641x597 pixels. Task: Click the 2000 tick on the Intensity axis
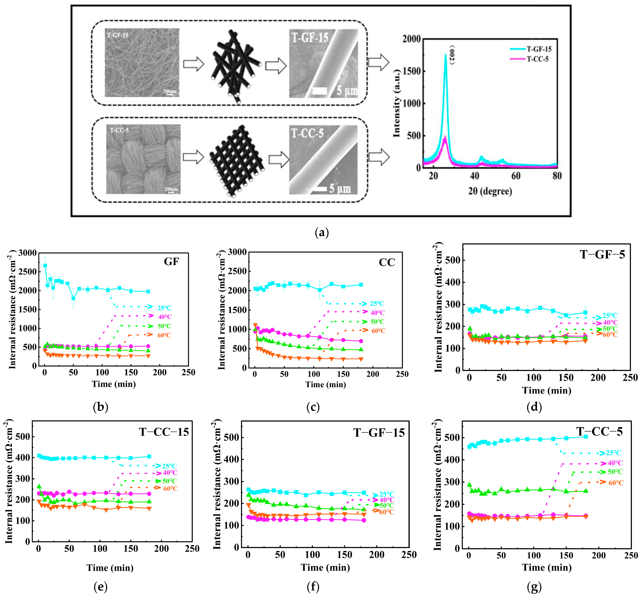pyautogui.click(x=411, y=39)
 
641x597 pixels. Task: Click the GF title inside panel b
pyautogui.click(x=171, y=262)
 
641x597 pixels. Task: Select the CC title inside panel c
pyautogui.click(x=387, y=262)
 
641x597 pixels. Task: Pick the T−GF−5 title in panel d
pyautogui.click(x=602, y=255)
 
